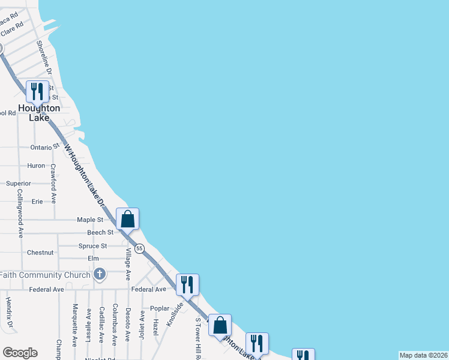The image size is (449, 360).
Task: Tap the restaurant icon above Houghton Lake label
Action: click(37, 92)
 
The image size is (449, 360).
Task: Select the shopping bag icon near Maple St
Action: click(127, 218)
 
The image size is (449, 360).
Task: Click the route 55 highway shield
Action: click(139, 248)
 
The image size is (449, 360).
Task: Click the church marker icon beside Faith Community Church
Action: click(100, 275)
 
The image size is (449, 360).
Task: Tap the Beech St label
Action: click(100, 232)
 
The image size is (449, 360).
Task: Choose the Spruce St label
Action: click(92, 246)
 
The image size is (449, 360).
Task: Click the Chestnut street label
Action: click(40, 253)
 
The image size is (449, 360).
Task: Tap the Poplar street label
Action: click(160, 308)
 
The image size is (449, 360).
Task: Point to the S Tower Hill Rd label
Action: click(197, 338)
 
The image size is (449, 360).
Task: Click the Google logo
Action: click(20, 353)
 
